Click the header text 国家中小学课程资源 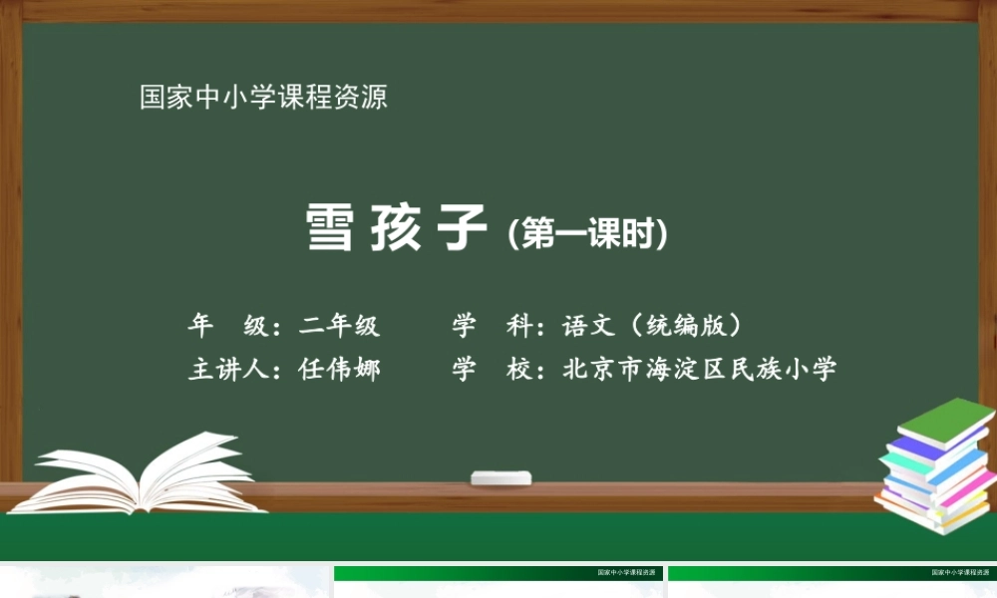(x=263, y=98)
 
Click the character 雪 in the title (x=329, y=229)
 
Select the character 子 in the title (x=459, y=229)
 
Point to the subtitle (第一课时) (x=586, y=235)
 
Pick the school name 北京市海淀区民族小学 (x=700, y=369)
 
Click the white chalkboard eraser (x=500, y=477)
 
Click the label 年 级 (x=225, y=325)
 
